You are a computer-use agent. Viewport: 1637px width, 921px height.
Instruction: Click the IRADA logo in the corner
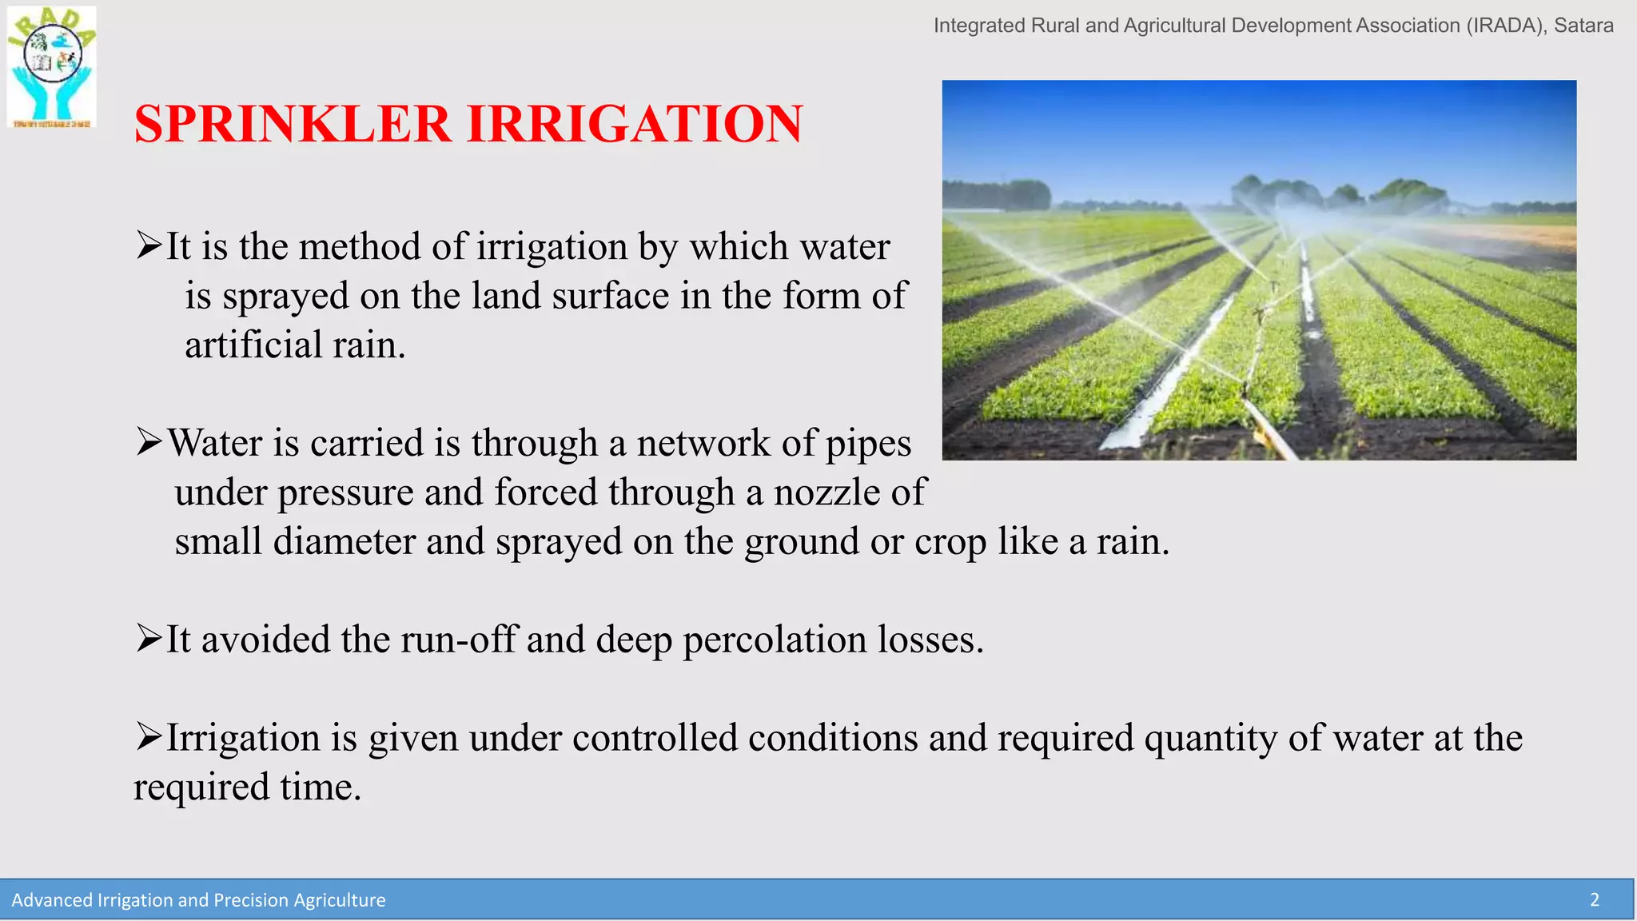pyautogui.click(x=52, y=66)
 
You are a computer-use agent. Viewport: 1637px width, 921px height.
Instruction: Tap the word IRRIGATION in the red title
pyautogui.click(x=635, y=125)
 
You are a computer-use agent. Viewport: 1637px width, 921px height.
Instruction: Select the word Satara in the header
pyautogui.click(x=1583, y=26)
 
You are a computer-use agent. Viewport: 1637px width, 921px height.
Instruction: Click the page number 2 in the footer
pyautogui.click(x=1594, y=900)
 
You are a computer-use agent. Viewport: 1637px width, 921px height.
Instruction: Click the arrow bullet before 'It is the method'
pyautogui.click(x=149, y=245)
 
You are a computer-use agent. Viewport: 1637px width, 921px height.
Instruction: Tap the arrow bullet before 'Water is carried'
pyautogui.click(x=149, y=441)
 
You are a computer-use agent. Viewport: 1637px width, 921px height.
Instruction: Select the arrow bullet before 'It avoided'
pyautogui.click(x=149, y=638)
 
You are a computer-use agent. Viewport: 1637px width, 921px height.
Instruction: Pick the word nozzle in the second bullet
pyautogui.click(x=826, y=492)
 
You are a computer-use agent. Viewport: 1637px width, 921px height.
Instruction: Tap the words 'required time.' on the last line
pyautogui.click(x=247, y=787)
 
